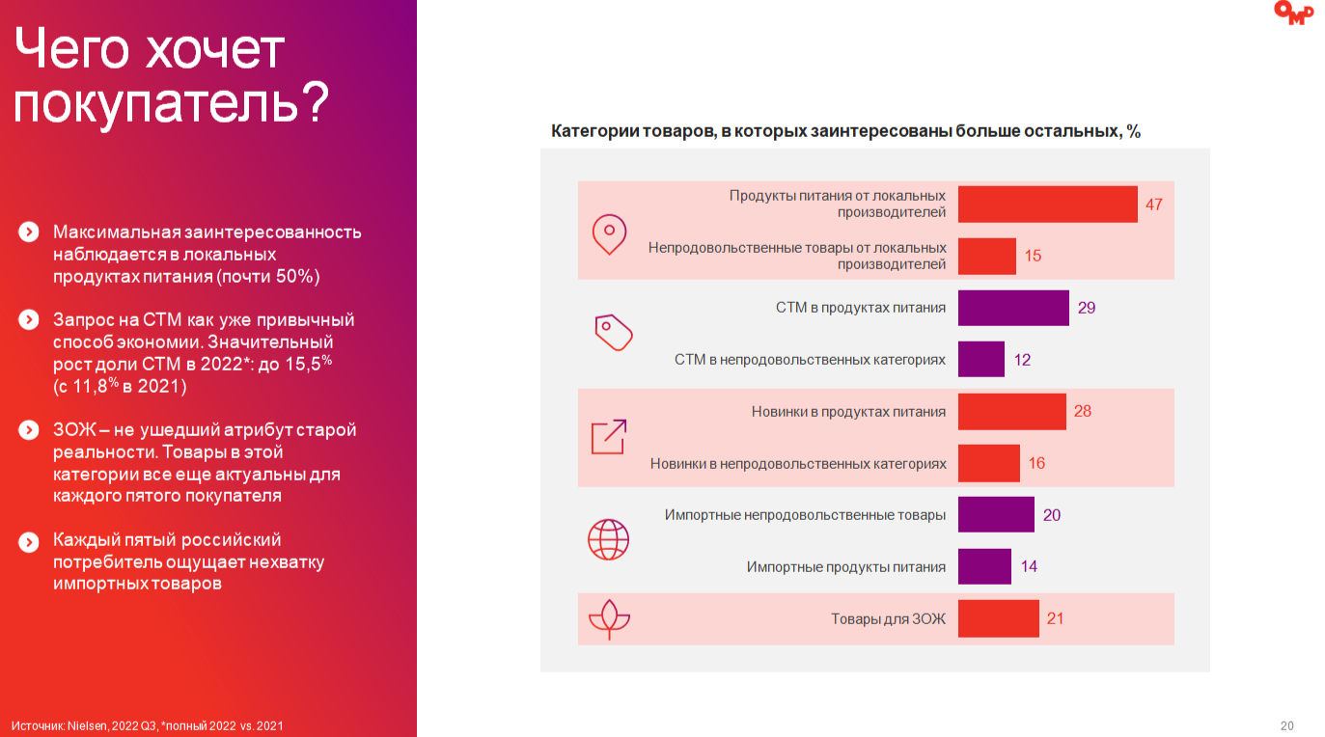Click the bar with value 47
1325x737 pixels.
point(1047,205)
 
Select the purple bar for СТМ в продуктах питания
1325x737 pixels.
point(1013,308)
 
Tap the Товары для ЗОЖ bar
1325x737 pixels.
point(998,618)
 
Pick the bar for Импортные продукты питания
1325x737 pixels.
point(984,566)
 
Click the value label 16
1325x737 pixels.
point(1036,463)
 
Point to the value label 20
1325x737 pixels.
point(1052,515)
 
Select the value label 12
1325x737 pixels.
point(1023,360)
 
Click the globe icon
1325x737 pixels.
point(608,540)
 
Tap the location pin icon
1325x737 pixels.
point(609,234)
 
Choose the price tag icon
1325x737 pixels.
point(613,332)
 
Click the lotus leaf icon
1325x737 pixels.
point(609,618)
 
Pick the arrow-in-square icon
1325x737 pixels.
point(608,437)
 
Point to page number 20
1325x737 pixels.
point(1286,725)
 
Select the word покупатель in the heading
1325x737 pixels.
point(154,103)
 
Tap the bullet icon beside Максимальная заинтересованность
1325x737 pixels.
point(29,232)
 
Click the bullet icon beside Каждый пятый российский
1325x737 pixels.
point(29,541)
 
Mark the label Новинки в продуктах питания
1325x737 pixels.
point(848,412)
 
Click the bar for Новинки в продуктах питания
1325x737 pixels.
point(1011,412)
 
